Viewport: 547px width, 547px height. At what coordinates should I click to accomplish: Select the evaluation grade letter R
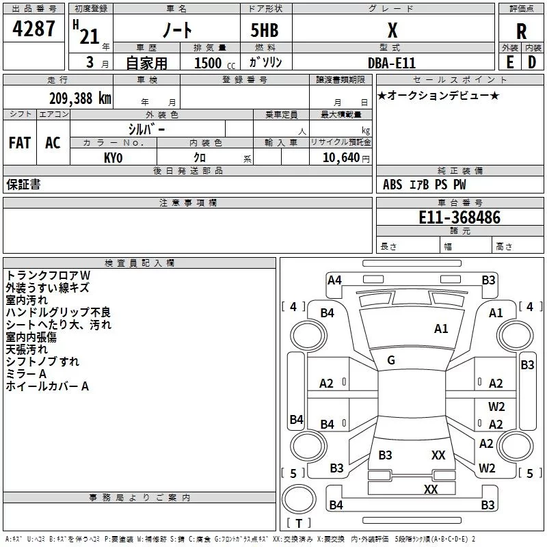coord(521,31)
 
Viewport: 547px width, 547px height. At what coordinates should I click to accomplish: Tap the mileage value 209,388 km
coord(80,98)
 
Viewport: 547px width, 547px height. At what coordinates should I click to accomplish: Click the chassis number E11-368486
coord(459,217)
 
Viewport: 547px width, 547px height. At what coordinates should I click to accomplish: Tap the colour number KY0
coord(113,157)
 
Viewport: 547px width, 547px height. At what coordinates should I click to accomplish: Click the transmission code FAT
coord(20,143)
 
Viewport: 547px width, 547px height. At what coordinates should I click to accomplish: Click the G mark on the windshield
coord(391,360)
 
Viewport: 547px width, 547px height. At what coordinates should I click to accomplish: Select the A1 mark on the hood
coord(441,329)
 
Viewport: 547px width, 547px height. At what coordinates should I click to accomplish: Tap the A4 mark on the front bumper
coord(334,280)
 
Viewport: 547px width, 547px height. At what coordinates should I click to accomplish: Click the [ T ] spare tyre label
coord(298,523)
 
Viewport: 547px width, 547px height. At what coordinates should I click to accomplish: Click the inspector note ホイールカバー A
coord(47,386)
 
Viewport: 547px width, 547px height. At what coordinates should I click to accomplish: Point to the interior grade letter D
coord(531,62)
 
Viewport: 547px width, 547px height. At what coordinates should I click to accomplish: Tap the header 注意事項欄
coord(187,203)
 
